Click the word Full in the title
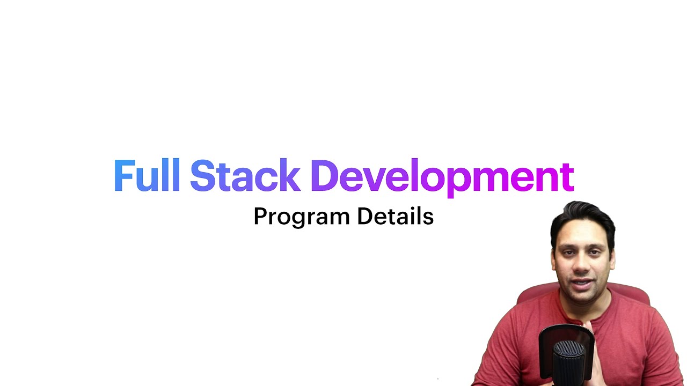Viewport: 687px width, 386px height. click(x=147, y=176)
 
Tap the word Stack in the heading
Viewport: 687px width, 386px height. click(x=245, y=176)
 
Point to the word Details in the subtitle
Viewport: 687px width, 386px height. click(x=395, y=216)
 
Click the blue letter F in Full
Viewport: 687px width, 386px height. click(x=123, y=176)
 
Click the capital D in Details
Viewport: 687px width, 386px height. click(x=364, y=216)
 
